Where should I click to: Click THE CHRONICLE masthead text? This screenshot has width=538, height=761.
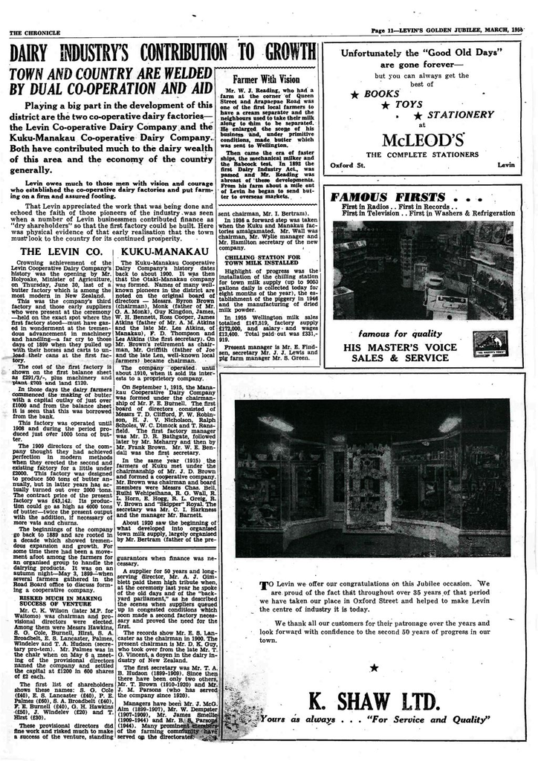tap(34, 33)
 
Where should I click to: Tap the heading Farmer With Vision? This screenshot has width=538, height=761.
tap(265, 79)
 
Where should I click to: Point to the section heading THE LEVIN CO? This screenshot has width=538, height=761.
tap(60, 252)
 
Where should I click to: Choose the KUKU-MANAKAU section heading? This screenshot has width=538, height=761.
tap(163, 252)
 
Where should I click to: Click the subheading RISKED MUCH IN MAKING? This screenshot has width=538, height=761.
tap(61, 597)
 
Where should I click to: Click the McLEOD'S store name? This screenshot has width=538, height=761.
tap(423, 140)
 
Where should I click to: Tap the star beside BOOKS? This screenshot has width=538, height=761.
tap(355, 95)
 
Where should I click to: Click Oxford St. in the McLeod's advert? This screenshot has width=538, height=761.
tap(346, 164)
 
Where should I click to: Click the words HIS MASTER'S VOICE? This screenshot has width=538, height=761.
tap(401, 347)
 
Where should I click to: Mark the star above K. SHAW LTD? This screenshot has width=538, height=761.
tap(374, 667)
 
